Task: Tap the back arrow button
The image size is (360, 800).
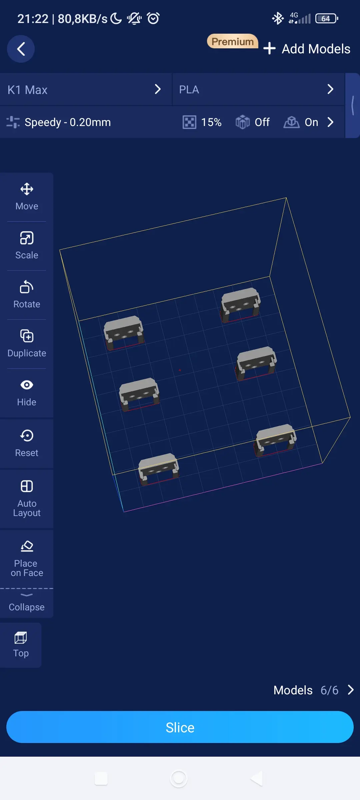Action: (21, 49)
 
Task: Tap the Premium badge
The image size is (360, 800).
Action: (233, 41)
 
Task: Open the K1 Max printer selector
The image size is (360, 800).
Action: (86, 89)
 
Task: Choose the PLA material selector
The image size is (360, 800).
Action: (258, 89)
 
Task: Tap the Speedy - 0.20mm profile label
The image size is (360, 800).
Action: (68, 122)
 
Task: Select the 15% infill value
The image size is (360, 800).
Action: (211, 122)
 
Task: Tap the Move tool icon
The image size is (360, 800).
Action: (27, 189)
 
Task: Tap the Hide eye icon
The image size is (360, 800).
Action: (27, 385)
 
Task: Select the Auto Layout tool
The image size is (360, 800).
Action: (27, 499)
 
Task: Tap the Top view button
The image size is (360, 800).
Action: (21, 645)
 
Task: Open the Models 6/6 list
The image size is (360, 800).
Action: (314, 690)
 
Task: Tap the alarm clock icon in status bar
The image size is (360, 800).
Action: (153, 18)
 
